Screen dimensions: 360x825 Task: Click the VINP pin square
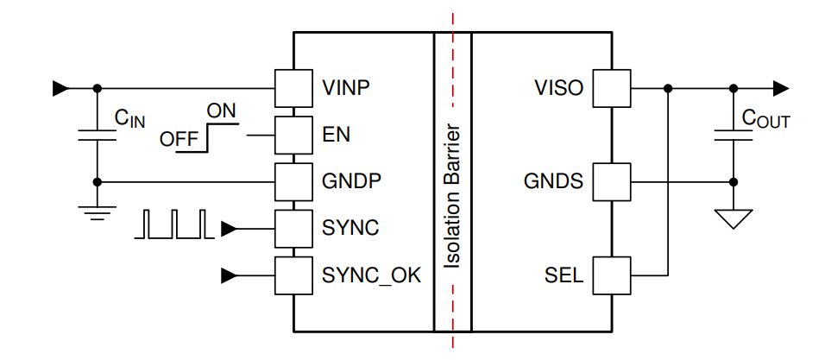(293, 87)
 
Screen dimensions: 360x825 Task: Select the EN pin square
(293, 135)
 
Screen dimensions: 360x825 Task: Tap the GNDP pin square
(293, 181)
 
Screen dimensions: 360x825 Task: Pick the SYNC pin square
(293, 229)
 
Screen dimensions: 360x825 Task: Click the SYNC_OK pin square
(293, 275)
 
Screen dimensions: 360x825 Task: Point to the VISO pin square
(614, 87)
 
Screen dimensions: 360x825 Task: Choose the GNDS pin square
(614, 181)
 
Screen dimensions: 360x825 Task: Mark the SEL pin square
(614, 275)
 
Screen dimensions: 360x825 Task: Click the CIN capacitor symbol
(97, 135)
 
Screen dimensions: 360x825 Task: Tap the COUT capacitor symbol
(734, 135)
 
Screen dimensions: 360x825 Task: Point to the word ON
(222, 111)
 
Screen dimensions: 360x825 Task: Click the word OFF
(179, 138)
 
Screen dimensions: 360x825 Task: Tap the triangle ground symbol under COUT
(734, 219)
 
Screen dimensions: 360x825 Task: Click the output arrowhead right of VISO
(780, 87)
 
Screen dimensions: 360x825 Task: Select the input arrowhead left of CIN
(60, 87)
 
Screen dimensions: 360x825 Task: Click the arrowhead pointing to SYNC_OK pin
(229, 275)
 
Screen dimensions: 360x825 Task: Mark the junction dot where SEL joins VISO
(668, 87)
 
